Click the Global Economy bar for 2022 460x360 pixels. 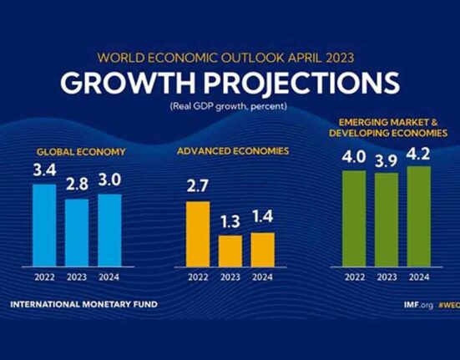click(44, 226)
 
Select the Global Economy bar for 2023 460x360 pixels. click(77, 233)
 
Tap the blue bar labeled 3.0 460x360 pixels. click(109, 231)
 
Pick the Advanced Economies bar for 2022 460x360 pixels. click(198, 234)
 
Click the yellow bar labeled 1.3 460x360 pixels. click(230, 251)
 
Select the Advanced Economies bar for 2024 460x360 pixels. click(263, 250)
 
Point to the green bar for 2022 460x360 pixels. click(354, 219)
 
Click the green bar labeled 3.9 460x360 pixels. click(387, 220)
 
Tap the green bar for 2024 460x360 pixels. click(419, 216)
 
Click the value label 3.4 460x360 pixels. click(44, 170)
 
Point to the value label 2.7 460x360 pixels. click(197, 186)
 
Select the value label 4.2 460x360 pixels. click(418, 154)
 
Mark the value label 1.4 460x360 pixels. click(263, 216)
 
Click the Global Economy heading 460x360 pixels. click(81, 152)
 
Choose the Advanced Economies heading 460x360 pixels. click(233, 151)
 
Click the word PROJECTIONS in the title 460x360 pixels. click(302, 82)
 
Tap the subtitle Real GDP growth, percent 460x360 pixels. click(228, 106)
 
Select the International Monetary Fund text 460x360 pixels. click(84, 304)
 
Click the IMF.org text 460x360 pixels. click(418, 305)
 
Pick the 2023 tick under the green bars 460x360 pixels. click(387, 277)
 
